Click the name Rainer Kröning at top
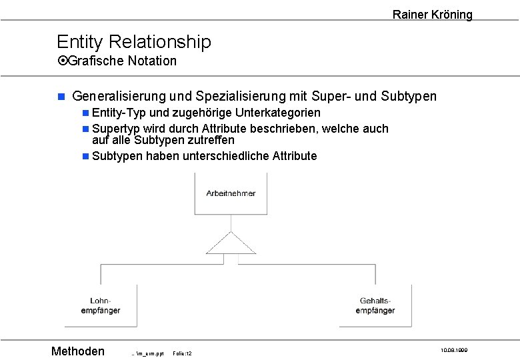coord(432,14)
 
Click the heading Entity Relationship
coord(133,42)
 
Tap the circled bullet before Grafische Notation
coord(63,61)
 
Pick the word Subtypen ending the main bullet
coord(409,97)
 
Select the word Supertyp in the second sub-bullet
coord(116,129)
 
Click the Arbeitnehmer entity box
coord(231,193)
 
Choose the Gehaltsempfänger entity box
coord(375,306)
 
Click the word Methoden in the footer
coord(78,351)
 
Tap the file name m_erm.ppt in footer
coord(147,353)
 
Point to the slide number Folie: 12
coord(182,353)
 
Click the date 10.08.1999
coord(454,349)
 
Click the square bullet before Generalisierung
coord(61,97)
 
